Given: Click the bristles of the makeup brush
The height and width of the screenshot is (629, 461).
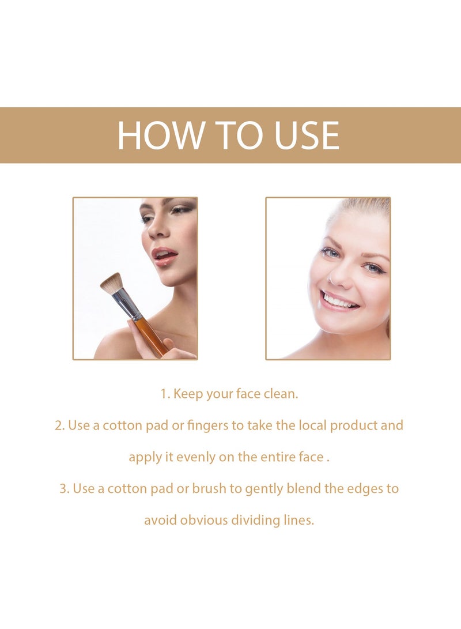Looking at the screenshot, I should tap(112, 284).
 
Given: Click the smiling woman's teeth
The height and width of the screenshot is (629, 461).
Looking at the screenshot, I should tap(339, 301).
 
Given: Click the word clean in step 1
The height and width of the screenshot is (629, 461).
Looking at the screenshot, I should tap(282, 394).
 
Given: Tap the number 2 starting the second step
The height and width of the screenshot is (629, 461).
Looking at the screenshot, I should tap(58, 425).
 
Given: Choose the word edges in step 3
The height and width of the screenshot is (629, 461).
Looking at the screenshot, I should tap(366, 489).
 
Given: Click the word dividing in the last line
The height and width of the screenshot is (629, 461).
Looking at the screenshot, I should tap(255, 520).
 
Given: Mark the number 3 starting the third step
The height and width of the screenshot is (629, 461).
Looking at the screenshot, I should tap(63, 489).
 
